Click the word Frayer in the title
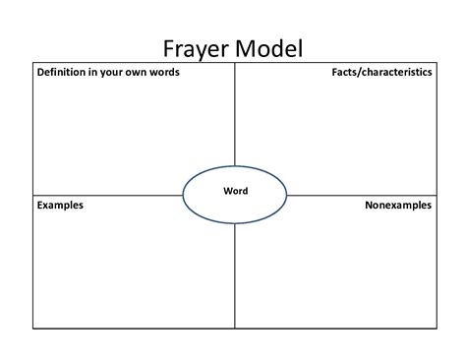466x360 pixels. [196, 49]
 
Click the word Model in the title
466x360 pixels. [269, 48]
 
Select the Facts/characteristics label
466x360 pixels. [381, 72]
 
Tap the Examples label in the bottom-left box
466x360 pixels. [60, 206]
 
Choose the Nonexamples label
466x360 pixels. [398, 206]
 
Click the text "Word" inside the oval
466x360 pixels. [236, 191]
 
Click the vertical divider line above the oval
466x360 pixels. [235, 114]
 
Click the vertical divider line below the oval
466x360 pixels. [235, 276]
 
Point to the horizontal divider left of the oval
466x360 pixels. [107, 196]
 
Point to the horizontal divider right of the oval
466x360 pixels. [362, 196]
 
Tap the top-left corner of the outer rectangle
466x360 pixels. [33, 63]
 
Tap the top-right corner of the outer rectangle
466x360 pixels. [437, 63]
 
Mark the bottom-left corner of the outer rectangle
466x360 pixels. [33, 329]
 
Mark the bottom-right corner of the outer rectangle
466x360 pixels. [437, 329]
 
